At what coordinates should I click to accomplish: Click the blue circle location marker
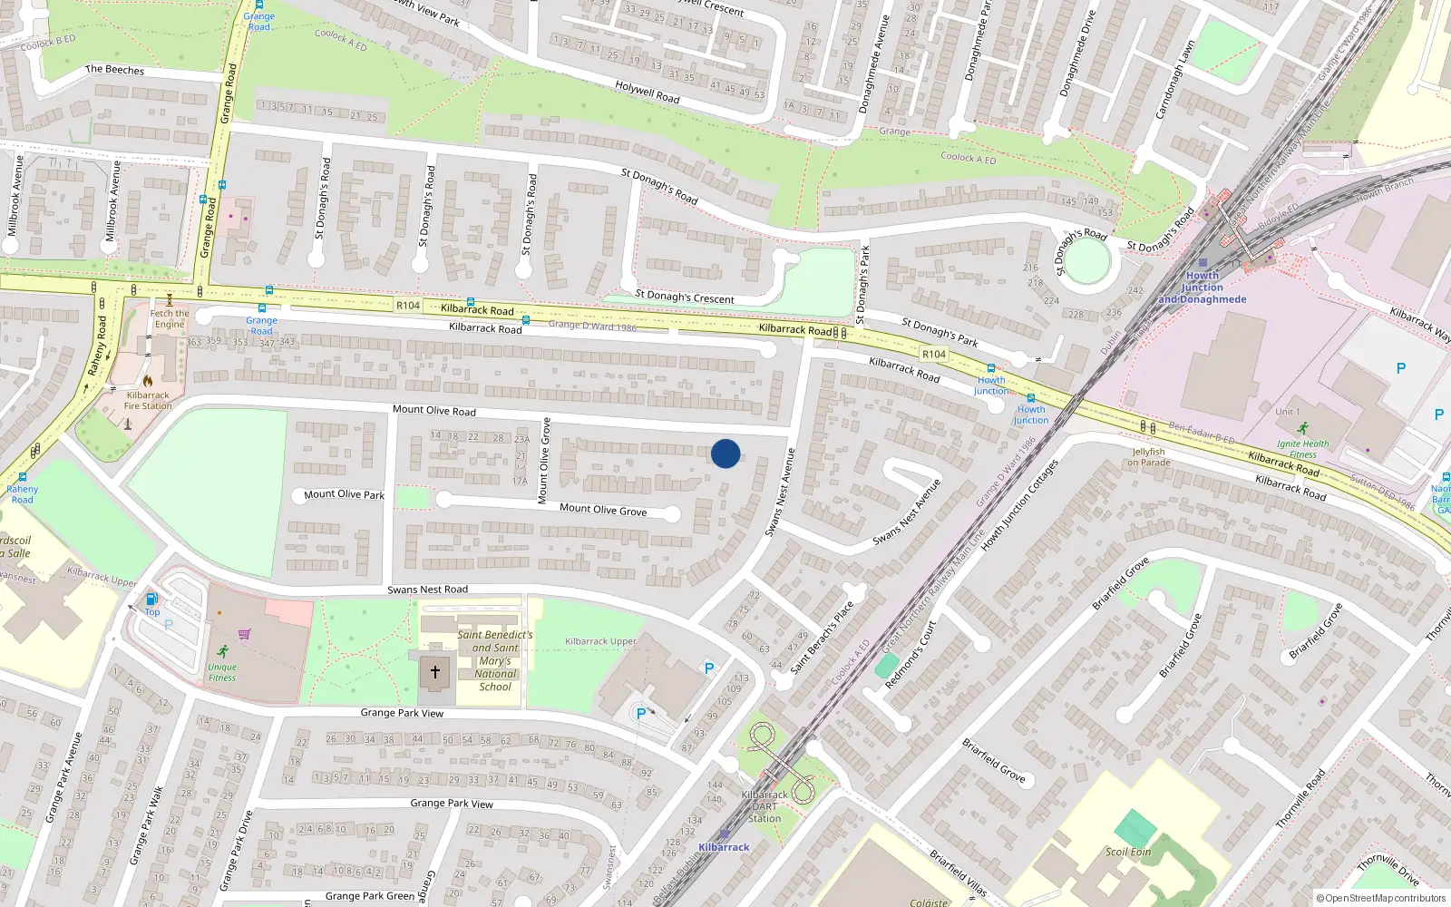pos(725,453)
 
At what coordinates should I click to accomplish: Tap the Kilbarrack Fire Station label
pos(148,401)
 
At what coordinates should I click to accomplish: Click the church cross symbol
pos(435,672)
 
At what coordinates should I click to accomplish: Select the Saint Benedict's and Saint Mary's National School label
pos(495,660)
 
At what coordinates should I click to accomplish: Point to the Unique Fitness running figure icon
pos(223,651)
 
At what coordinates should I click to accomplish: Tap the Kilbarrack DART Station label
pos(764,806)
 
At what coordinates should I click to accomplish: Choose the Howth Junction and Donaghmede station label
pos(1203,288)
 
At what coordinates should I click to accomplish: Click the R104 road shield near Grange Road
pos(408,306)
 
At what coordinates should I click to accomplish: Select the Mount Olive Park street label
pos(344,494)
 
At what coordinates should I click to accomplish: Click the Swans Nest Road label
pos(428,590)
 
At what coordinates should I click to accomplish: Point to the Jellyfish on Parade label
pos(1149,457)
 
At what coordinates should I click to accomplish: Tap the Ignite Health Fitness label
pos(1303,449)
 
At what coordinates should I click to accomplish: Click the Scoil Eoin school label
pos(1128,852)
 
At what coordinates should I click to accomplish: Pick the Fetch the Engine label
pos(170,318)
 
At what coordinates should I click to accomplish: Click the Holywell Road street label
pos(648,92)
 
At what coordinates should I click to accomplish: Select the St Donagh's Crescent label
pos(685,297)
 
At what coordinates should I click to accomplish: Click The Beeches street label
pos(114,70)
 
